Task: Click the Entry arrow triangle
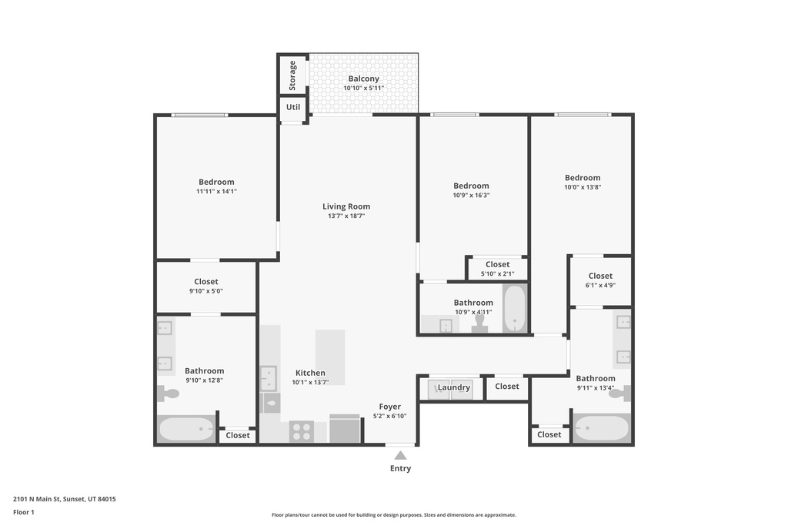coord(400,456)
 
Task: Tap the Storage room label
coord(292,75)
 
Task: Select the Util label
coord(293,107)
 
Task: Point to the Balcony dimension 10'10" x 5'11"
coord(364,88)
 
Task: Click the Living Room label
coord(346,206)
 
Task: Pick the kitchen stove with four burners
coord(302,431)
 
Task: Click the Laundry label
coord(454,387)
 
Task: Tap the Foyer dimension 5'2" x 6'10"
coord(390,416)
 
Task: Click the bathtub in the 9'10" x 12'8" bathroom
coord(186,429)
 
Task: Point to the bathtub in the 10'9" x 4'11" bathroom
coord(515,309)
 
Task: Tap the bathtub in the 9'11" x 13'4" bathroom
coord(602,428)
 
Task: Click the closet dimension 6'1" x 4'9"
coord(600,285)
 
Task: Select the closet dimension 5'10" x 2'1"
coord(498,274)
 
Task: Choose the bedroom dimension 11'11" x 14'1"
coord(216,192)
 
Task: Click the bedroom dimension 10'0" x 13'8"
coord(583,187)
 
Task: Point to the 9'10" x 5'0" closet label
coord(206,282)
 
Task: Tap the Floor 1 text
coord(24,512)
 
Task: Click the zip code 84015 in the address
coord(106,499)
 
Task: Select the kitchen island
coord(330,357)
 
